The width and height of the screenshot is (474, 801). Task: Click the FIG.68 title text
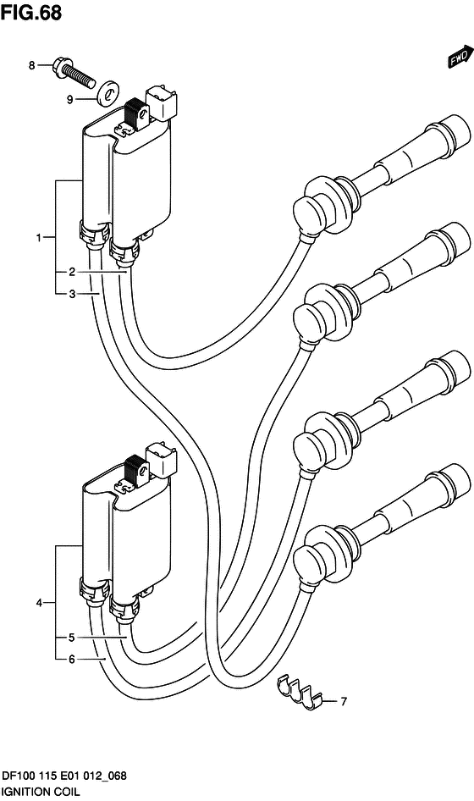[x=31, y=14]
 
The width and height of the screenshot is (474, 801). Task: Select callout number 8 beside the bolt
[x=31, y=65]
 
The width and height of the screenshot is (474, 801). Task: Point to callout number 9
[x=70, y=100]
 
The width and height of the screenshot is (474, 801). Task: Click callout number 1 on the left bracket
[x=39, y=238]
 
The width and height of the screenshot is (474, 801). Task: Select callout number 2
[x=72, y=272]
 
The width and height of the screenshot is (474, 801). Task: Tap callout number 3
[x=72, y=294]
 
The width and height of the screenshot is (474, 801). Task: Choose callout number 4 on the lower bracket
[x=39, y=604]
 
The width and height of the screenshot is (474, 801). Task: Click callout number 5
[x=72, y=638]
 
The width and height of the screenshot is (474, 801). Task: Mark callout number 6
[x=72, y=660]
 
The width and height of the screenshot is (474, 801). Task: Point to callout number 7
[x=344, y=702]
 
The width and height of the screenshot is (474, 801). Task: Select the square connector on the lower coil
[x=163, y=461]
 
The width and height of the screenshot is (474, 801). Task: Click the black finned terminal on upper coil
[x=137, y=112]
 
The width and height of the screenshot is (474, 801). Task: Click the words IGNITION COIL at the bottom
[x=41, y=793]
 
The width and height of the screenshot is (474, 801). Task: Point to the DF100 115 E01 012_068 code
[x=63, y=776]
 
